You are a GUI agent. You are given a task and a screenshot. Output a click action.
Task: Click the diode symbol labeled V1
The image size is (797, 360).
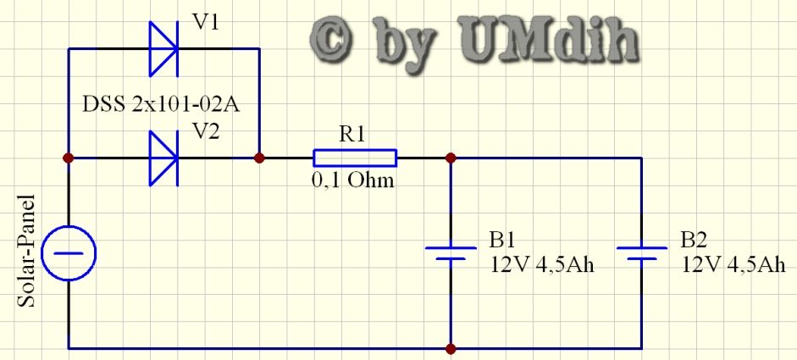point(163,49)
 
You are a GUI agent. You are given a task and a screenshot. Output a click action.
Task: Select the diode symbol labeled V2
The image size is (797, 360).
point(163,158)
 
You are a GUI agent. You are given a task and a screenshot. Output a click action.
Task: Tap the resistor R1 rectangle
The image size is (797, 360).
point(355,158)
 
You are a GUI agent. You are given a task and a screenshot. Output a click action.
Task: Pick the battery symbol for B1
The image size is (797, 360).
point(451,253)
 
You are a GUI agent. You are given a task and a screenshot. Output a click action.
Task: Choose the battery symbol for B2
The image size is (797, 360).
point(642,253)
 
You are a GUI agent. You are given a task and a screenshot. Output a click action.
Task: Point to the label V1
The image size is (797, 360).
point(206,22)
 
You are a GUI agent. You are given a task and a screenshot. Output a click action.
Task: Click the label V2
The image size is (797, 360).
point(206,130)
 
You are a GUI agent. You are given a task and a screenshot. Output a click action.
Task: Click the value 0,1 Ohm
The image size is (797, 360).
point(354,180)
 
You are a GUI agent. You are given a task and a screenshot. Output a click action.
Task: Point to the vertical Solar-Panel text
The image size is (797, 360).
point(25,253)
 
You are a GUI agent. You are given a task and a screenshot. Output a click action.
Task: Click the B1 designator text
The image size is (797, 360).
point(503,239)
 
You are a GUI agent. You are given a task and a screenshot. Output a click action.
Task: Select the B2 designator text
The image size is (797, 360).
point(695,239)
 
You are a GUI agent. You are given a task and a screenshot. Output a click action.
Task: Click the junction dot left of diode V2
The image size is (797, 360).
point(68,158)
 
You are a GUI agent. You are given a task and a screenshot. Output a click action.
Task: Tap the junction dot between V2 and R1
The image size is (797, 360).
point(260,158)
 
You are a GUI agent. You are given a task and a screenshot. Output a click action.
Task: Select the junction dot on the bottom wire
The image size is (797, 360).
point(451,347)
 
